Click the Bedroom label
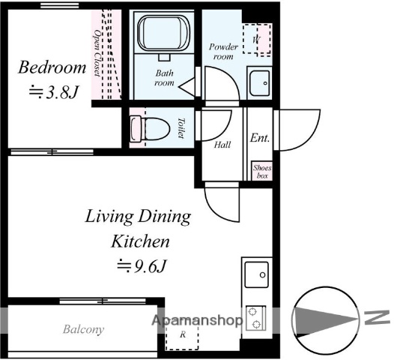point(52,67)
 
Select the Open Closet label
point(97,53)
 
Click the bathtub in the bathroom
point(163,34)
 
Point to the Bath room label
point(164,78)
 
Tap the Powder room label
point(223,51)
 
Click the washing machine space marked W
point(257,40)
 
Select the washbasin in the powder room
point(260,83)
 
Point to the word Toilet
point(181,127)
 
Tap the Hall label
point(222,145)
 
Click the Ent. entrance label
point(260,137)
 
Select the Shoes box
point(262,171)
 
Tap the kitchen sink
point(257,274)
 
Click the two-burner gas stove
point(255,318)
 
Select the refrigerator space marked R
point(183,336)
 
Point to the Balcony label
point(83,329)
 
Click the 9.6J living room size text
point(142,265)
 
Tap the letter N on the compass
point(377,317)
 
